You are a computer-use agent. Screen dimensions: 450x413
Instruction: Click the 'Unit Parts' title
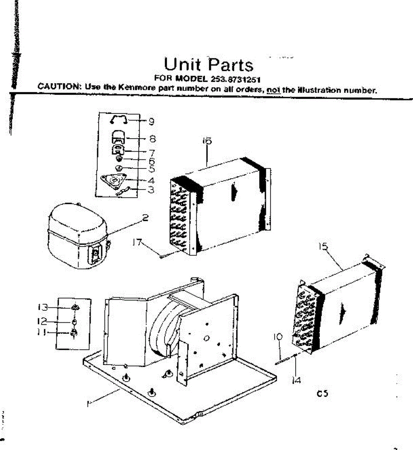209,64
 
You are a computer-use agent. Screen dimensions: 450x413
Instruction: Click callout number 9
151,121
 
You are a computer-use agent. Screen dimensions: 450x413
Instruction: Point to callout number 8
152,139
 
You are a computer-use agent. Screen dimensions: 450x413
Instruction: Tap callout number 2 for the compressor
145,218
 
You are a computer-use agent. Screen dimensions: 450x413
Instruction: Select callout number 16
207,141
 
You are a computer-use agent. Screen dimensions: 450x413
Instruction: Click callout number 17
137,243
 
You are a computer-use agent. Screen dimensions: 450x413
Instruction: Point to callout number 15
323,246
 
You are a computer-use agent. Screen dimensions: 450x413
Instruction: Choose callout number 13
43,307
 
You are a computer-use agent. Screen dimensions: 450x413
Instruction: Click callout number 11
42,332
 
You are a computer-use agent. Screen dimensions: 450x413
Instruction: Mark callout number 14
296,381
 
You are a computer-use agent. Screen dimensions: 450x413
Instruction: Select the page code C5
322,394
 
